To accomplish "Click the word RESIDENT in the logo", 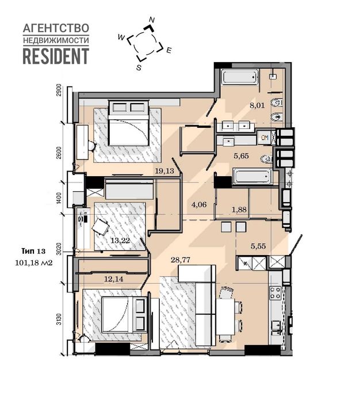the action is click(x=56, y=56).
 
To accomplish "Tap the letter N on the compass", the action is click(x=152, y=20).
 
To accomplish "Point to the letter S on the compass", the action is click(x=139, y=67).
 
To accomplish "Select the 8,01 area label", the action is click(x=257, y=105).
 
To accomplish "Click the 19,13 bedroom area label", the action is click(x=164, y=170).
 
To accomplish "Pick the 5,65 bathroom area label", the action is click(x=241, y=156).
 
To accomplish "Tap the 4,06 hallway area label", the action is click(x=199, y=204).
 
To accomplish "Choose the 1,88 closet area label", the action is click(x=239, y=210).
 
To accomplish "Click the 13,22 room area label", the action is click(x=120, y=241).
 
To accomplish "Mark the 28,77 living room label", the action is click(x=181, y=260).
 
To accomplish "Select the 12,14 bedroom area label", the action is click(x=114, y=279).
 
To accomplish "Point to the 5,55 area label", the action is click(x=258, y=246).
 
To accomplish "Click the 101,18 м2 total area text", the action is click(x=34, y=263).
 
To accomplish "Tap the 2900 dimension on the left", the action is click(x=59, y=90).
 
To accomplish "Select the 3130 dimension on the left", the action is click(x=59, y=320).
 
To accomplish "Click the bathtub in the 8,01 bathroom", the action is click(x=240, y=77).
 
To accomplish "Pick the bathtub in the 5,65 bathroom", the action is click(x=252, y=176).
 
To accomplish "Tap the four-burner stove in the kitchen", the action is click(x=275, y=293).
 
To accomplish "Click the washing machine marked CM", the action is click(x=264, y=138).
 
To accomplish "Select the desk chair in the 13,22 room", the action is click(x=101, y=227).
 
